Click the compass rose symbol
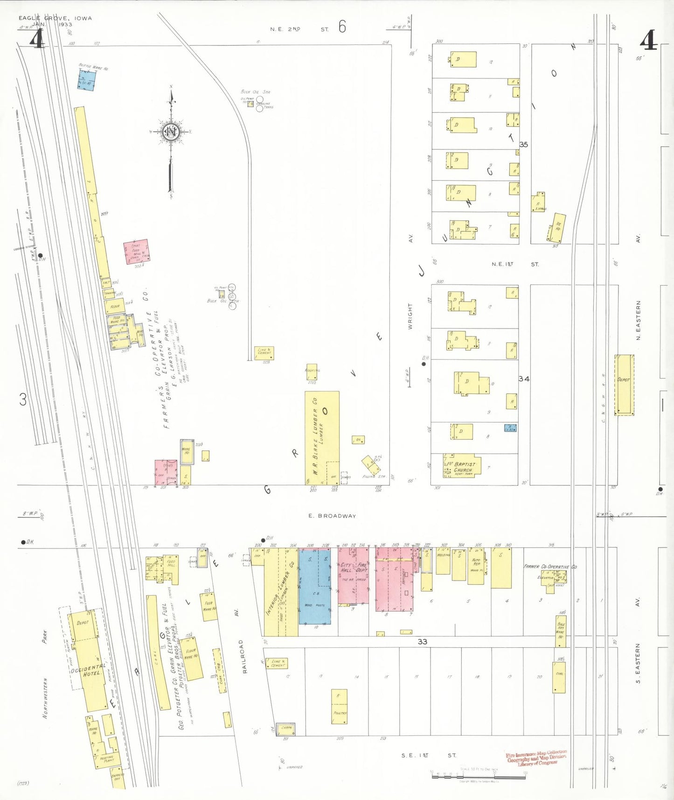tap(171, 132)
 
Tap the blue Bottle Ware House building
tap(86, 80)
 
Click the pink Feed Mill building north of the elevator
tap(136, 252)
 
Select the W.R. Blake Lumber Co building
tap(321, 437)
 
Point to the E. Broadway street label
tap(332, 516)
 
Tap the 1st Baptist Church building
tap(461, 466)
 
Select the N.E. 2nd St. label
tap(299, 29)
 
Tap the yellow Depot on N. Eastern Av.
tap(624, 385)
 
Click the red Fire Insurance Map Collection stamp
tap(536, 757)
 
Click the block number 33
tap(422, 641)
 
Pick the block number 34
tap(524, 379)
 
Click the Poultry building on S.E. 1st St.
tap(340, 706)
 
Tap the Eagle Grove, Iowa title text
tap(55, 18)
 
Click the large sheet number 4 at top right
tap(648, 40)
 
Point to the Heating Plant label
tap(106, 758)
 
